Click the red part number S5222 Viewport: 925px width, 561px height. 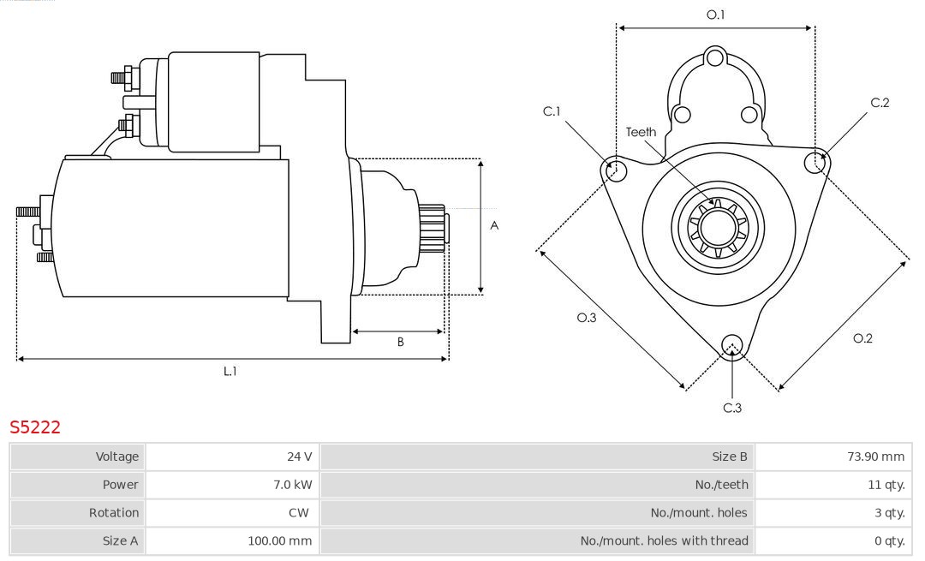(35, 427)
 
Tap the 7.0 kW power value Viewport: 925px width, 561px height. (291, 485)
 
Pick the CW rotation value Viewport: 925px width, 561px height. (301, 512)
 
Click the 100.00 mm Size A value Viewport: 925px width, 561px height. (281, 540)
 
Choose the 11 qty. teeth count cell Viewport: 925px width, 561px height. (886, 485)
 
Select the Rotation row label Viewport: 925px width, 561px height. (114, 512)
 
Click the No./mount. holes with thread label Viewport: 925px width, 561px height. (664, 540)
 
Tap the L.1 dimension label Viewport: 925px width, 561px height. (230, 372)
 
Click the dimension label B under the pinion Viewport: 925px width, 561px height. (400, 342)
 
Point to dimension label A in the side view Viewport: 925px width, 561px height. (494, 226)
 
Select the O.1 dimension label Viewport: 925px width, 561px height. (715, 15)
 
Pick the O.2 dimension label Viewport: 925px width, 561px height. (862, 338)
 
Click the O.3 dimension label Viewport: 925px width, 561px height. (586, 318)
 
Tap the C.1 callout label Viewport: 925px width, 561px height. (552, 111)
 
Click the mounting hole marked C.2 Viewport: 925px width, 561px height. (816, 162)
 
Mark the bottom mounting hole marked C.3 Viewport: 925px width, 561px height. (731, 345)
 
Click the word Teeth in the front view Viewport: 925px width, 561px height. (641, 132)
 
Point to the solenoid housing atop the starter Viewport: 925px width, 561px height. (214, 101)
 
